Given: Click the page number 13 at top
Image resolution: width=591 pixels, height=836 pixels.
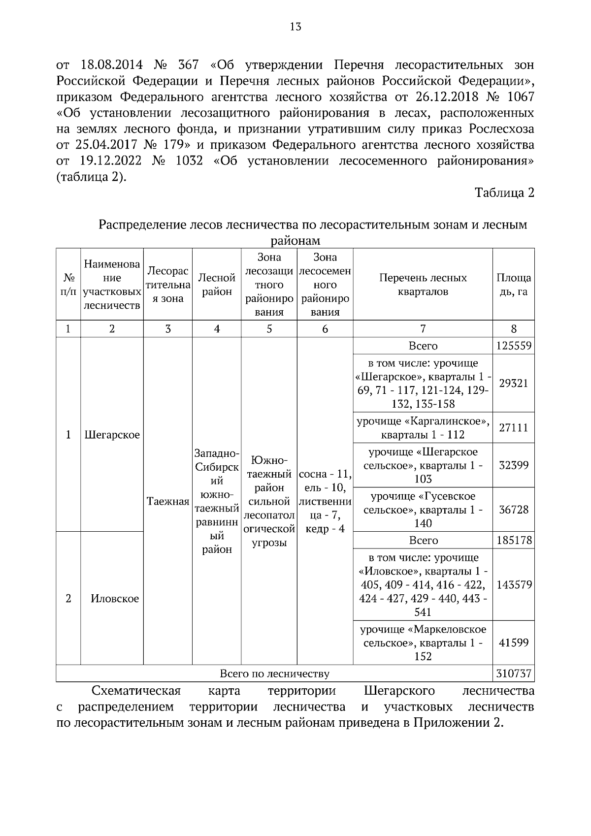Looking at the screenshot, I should (x=295, y=27).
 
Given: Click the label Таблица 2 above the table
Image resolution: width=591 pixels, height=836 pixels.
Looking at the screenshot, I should (x=504, y=193).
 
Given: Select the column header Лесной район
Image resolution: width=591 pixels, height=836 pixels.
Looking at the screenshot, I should (x=217, y=285).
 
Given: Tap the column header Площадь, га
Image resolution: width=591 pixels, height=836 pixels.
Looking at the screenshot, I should (x=513, y=285).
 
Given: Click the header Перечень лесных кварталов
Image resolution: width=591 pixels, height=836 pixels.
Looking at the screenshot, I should (x=423, y=285).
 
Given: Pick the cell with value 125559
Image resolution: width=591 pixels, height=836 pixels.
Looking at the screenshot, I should (x=513, y=346).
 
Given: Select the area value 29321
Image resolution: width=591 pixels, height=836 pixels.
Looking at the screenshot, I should (x=513, y=384).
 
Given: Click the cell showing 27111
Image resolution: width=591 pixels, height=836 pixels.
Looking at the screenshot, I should (x=513, y=427).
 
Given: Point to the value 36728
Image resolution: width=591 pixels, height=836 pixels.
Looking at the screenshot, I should (x=513, y=509).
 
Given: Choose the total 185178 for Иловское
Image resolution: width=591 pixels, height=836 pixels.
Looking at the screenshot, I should (x=513, y=540).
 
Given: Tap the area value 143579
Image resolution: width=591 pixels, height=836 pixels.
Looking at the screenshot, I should (x=513, y=585).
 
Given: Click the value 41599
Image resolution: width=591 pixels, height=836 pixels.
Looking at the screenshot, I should (x=513, y=643).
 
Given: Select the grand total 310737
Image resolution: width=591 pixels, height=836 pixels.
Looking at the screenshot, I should (x=513, y=673).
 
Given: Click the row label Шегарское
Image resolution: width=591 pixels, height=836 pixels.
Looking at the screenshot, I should (x=112, y=435).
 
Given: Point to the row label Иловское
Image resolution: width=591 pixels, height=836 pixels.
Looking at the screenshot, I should (x=114, y=599).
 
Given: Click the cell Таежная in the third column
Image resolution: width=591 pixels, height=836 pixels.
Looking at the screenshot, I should (x=168, y=502).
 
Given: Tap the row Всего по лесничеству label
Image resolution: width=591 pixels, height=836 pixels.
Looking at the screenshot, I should (x=274, y=673).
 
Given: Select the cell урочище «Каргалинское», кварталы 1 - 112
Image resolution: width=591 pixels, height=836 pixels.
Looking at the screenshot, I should (x=423, y=428).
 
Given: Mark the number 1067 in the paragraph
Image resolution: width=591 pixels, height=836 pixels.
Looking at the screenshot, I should (x=519, y=97).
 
